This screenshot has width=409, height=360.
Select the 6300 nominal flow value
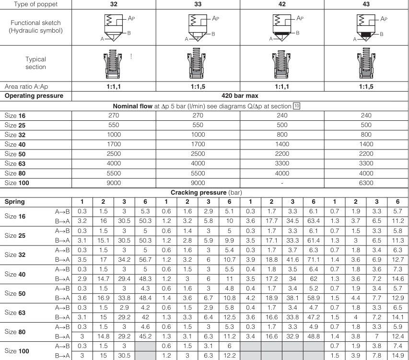(366, 182)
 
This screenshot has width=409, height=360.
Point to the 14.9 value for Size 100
(397, 354)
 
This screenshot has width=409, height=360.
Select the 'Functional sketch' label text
(35, 22)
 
